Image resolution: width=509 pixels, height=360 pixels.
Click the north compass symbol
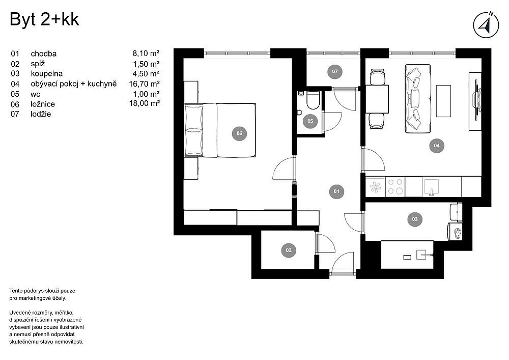(486, 25)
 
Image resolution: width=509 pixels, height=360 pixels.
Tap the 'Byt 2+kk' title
(44, 19)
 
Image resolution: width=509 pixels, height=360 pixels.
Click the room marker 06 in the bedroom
(239, 133)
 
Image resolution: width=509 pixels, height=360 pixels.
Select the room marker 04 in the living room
(437, 146)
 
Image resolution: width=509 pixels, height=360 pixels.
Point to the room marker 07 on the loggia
(335, 71)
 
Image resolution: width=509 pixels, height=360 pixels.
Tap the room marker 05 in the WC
(310, 121)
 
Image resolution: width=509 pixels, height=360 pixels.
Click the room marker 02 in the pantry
(289, 250)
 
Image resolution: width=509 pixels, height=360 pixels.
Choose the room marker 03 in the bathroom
(415, 219)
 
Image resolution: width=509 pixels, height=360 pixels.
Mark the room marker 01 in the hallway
(336, 191)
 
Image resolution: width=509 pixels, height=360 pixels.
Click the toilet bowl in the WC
(313, 101)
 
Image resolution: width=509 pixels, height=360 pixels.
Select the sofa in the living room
(418, 99)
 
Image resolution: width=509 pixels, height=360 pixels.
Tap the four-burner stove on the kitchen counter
(395, 187)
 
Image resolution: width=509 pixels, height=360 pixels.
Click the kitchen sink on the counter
(432, 187)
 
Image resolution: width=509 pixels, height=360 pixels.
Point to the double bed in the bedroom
(220, 130)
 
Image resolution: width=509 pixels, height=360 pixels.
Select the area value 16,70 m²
(144, 84)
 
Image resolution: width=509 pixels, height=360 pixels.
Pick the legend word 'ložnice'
(43, 104)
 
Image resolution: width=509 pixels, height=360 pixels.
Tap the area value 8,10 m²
(146, 53)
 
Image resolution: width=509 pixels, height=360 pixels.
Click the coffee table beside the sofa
(443, 101)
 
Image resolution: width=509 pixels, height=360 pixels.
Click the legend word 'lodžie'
(41, 114)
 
